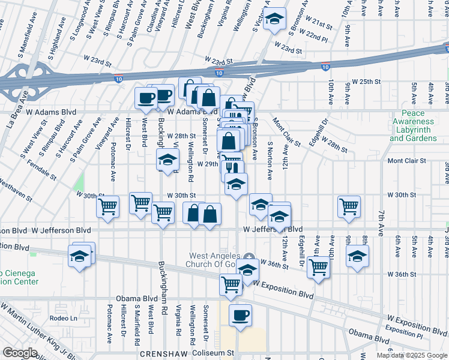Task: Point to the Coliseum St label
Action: tap(212, 353)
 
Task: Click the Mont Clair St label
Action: tap(406, 161)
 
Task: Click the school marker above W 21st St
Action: tap(274, 21)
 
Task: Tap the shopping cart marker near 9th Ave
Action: tap(349, 206)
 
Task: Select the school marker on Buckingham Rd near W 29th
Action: tap(167, 160)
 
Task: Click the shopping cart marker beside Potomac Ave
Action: tap(108, 207)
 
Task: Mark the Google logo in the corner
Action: tap(20, 353)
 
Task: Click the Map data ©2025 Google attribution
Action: tap(412, 355)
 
